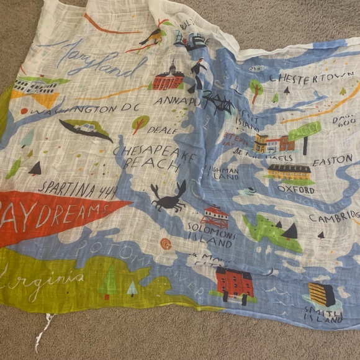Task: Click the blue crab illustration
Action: [x=168, y=197]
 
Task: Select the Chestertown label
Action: [x=302, y=79]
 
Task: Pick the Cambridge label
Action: [x=335, y=218]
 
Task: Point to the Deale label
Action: [x=162, y=130]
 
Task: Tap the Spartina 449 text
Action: [x=78, y=187]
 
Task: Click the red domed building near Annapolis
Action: [x=169, y=78]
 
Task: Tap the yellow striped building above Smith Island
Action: [x=322, y=294]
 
